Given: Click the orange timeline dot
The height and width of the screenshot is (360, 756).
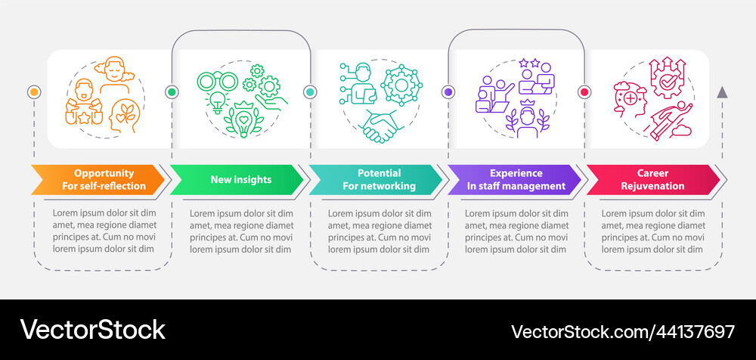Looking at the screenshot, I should [x=34, y=92].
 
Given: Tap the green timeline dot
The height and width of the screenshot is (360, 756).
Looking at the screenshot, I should [x=172, y=92].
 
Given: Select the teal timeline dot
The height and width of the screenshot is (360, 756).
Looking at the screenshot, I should [x=310, y=92].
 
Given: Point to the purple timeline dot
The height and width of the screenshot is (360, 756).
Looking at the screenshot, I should [x=448, y=92].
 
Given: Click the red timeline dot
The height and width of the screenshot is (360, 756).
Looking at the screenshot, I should [x=584, y=92].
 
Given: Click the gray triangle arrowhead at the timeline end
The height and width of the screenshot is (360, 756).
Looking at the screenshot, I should [x=722, y=92].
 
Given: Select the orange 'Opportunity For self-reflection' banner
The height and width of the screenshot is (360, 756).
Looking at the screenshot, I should [x=98, y=179].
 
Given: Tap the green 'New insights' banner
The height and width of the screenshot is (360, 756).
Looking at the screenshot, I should [x=236, y=179].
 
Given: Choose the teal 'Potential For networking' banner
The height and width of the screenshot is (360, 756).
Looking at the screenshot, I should [x=374, y=179].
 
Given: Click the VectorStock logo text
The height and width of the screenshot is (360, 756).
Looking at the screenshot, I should [x=93, y=330].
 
